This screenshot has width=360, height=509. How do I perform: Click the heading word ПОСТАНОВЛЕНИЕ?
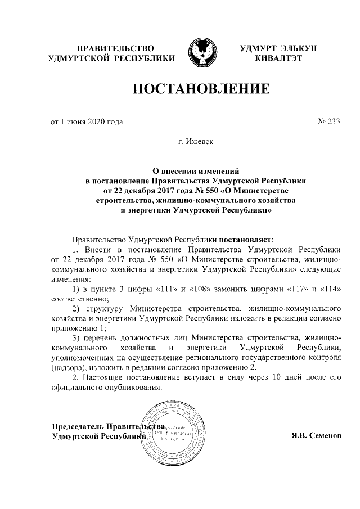point(197,89)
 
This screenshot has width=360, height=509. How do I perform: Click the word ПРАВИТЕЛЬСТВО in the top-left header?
point(115,48)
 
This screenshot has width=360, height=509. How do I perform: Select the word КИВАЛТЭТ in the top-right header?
point(278,58)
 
